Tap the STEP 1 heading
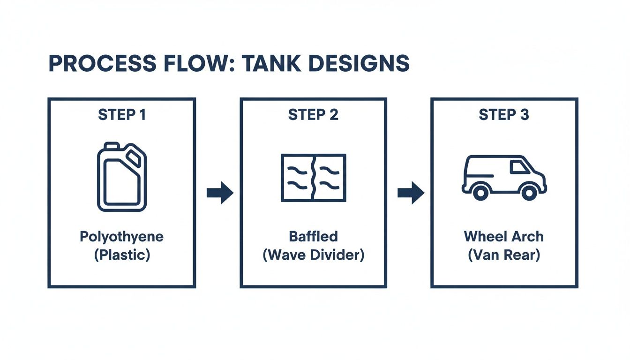pyautogui.click(x=121, y=115)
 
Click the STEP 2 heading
pyautogui.click(x=313, y=115)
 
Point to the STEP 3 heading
pyautogui.click(x=504, y=115)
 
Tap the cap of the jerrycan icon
pyautogui.click(x=135, y=155)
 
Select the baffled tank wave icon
pyautogui.click(x=313, y=178)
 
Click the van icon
pyautogui.click(x=504, y=177)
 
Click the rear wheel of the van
pyautogui.click(x=480, y=192)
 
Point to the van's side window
pyautogui.click(x=518, y=167)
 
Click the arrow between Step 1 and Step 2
pyautogui.click(x=220, y=193)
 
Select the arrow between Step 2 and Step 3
pyautogui.click(x=411, y=193)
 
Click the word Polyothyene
pyautogui.click(x=121, y=237)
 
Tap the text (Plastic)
pyautogui.click(x=121, y=256)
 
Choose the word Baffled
pyautogui.click(x=313, y=237)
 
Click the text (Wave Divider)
pyautogui.click(x=313, y=256)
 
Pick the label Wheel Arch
pyautogui.click(x=504, y=237)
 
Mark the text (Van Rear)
pyautogui.click(x=504, y=256)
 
